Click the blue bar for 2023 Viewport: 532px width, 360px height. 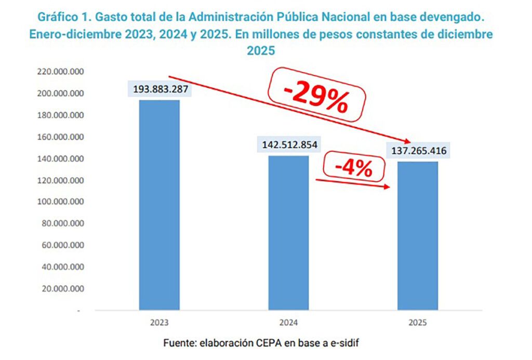tap(159, 205)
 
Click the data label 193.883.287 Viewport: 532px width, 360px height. tap(159, 89)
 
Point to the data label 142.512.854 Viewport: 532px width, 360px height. tap(289, 145)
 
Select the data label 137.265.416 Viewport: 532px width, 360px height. tap(418, 151)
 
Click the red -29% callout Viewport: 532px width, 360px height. tap(316, 96)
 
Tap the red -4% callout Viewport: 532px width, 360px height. tap(353, 168)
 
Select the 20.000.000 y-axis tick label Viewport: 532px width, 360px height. tap(60, 288)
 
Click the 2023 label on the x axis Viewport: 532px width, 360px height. tap(159, 323)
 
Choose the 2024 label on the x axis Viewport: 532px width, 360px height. tap(288, 323)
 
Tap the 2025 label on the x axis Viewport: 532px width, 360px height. tap(418, 323)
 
